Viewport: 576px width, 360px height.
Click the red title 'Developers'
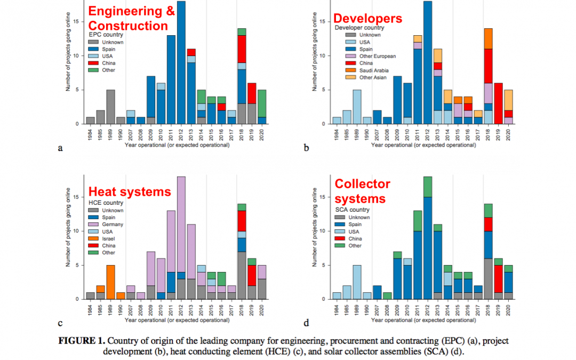click(x=368, y=18)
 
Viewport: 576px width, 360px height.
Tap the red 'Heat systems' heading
click(x=130, y=191)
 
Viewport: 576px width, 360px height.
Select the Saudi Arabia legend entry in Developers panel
click(x=374, y=70)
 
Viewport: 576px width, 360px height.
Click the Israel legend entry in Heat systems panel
click(x=109, y=238)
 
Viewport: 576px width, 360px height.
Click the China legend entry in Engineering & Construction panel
click(x=109, y=63)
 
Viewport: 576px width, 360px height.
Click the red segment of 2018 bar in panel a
click(x=242, y=49)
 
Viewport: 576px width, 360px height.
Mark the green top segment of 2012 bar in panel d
click(x=427, y=187)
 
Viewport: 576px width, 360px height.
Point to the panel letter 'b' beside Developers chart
click(x=306, y=148)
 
